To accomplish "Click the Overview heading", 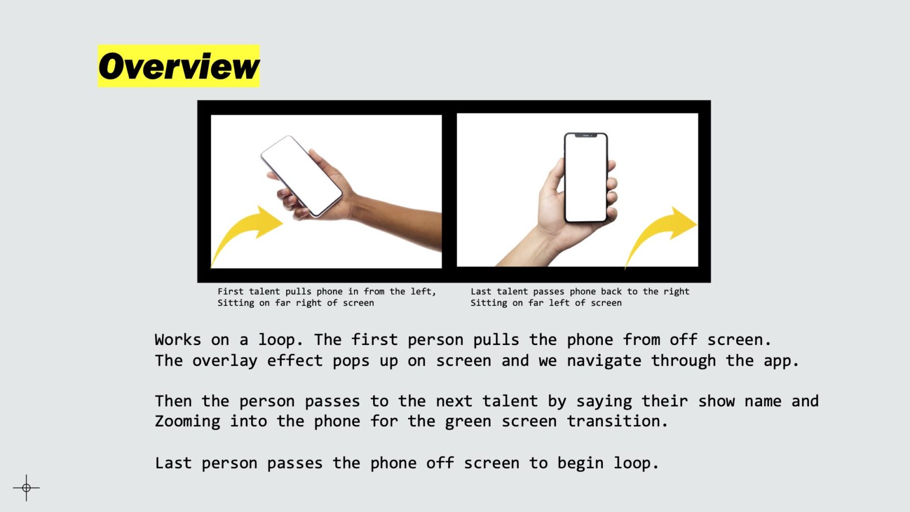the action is (178, 66).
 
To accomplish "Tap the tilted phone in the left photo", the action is (301, 176).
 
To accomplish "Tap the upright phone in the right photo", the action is (586, 178).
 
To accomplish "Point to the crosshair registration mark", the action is (27, 488).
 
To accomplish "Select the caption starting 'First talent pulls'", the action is (327, 297).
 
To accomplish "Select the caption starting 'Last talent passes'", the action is (580, 297).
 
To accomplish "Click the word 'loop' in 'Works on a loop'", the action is (277, 340).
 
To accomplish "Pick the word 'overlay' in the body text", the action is (224, 361).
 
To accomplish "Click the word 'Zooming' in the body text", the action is (187, 421).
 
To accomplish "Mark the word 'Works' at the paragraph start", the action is (178, 340).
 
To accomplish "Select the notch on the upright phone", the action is (586, 135).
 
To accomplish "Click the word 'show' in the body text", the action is (716, 401).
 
